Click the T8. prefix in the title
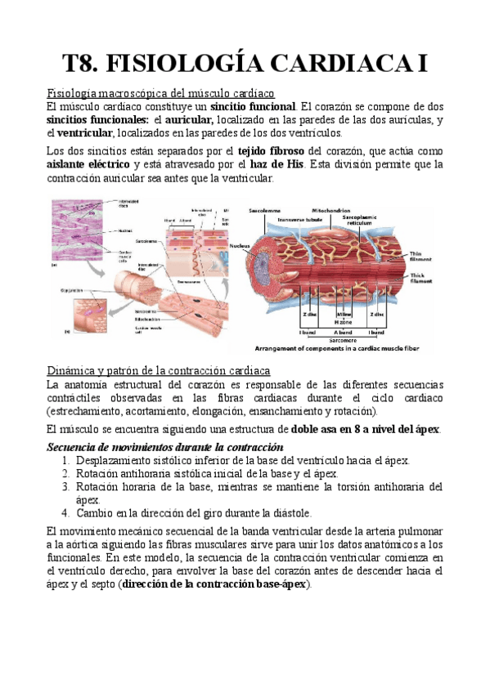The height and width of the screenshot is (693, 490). (x=83, y=64)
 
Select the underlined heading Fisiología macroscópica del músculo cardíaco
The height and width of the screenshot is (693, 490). (x=161, y=93)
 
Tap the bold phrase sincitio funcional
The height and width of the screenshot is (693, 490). (x=253, y=107)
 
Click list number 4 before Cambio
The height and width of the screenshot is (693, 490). (x=66, y=513)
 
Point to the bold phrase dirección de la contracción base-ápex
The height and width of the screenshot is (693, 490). (x=217, y=585)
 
